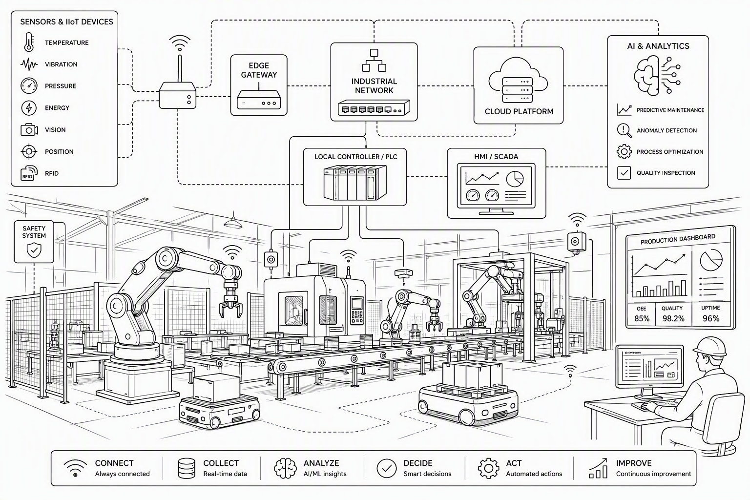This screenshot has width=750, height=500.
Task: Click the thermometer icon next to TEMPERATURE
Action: click(29, 42)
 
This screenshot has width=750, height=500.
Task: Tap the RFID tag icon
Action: click(29, 173)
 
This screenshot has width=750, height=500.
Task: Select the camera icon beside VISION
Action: click(29, 129)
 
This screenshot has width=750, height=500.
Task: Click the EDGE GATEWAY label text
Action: click(259, 70)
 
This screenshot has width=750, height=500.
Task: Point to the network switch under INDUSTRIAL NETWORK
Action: click(374, 108)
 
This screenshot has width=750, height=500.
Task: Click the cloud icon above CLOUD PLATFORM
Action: click(518, 75)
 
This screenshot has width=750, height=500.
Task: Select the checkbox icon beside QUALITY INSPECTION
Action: click(624, 173)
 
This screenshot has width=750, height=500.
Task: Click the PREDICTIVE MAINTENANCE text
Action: click(670, 110)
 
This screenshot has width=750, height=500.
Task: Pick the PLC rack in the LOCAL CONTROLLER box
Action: click(355, 183)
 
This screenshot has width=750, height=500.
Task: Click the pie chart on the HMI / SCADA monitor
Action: click(515, 179)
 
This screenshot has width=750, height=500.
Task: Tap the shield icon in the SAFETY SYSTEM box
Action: click(34, 250)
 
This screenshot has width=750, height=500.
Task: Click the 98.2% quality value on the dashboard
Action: click(673, 318)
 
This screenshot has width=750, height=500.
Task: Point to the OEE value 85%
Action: click(642, 318)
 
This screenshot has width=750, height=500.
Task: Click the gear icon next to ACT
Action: click(488, 468)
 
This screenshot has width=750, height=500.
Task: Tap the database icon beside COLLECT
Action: click(187, 468)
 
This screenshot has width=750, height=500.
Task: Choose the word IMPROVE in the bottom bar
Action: click(634, 463)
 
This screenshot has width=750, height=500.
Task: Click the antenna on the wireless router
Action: click(180, 69)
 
